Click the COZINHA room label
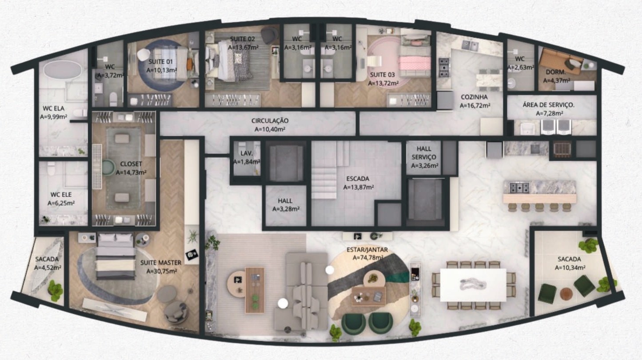pos(474,97)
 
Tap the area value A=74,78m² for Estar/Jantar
pos(368,257)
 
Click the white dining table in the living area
pos(473,284)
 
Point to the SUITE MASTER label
pos(161,263)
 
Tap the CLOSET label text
pos(131,164)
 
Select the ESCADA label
pos(358,179)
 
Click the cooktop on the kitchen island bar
pos(519,188)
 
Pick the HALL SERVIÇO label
pos(424,153)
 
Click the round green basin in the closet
pos(108,167)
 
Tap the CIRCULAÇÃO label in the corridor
pos(270,121)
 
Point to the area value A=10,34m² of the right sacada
pos(570,268)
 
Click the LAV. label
pos(247,153)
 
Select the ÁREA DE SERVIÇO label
pos(548,105)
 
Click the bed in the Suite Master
pos(116,256)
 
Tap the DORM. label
pos(556,72)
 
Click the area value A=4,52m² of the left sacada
pos(47,268)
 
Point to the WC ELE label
pos(61,194)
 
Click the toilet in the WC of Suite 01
pos(113,99)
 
